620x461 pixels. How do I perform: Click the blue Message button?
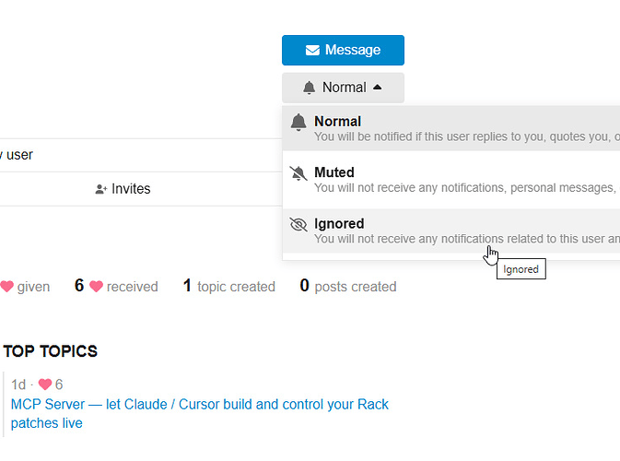[343, 51]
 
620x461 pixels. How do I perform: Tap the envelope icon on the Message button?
[312, 51]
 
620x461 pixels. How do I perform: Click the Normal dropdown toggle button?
[343, 88]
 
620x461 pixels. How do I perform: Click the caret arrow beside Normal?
[377, 87]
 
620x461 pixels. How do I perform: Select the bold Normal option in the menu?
[338, 121]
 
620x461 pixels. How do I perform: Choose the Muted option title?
[334, 172]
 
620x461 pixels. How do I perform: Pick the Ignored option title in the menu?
[339, 223]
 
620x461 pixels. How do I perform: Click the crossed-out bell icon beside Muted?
[298, 173]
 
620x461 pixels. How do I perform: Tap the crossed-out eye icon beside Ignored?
[298, 224]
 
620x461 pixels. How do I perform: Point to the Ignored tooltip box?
[521, 269]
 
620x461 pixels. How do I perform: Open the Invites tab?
[123, 189]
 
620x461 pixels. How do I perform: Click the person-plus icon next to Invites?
[101, 189]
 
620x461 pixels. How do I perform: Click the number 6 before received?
[79, 285]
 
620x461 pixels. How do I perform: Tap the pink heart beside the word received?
[96, 286]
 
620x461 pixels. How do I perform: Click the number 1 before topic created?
[187, 285]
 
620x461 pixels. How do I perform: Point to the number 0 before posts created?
[304, 285]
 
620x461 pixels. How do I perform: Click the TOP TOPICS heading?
[51, 351]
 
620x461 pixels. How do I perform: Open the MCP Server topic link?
[200, 413]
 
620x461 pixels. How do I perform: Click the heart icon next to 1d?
[45, 384]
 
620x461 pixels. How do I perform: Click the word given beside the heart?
[33, 287]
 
